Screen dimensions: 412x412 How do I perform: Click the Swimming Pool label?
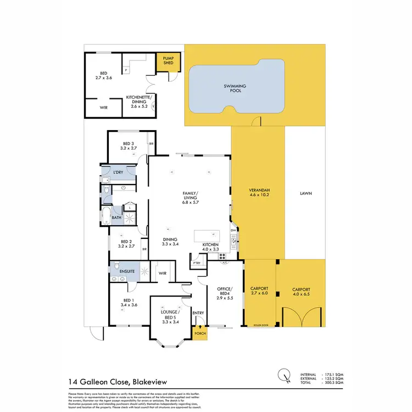point(235,88)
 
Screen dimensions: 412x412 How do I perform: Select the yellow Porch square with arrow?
point(199,332)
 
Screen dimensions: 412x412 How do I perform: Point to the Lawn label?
point(306,193)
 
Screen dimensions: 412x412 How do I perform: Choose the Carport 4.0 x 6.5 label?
point(300,292)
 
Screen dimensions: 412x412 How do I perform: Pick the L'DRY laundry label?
point(118,172)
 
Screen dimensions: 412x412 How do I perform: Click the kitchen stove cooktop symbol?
point(224,256)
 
